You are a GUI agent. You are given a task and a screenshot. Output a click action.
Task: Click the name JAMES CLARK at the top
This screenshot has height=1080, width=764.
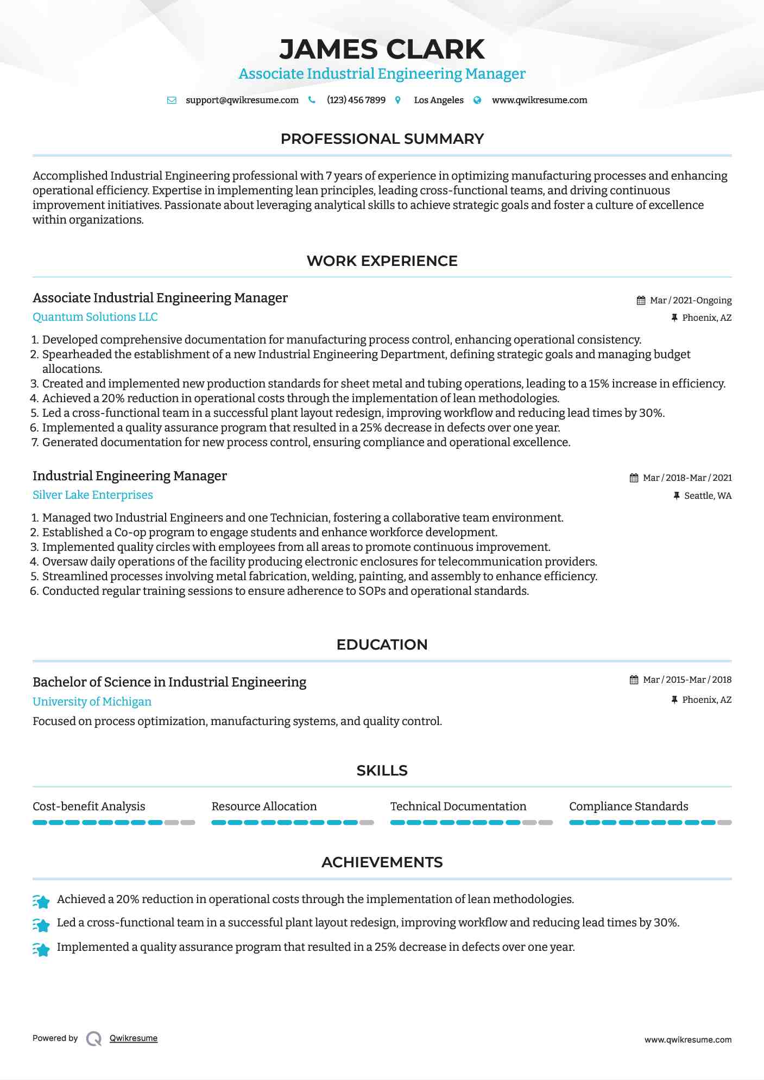[382, 49]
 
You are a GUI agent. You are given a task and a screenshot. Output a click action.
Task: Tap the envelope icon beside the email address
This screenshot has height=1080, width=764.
[172, 100]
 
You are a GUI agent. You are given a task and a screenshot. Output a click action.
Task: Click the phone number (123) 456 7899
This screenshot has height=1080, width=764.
[356, 100]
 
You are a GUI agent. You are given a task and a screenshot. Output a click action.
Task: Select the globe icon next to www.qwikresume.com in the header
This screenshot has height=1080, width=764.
[477, 100]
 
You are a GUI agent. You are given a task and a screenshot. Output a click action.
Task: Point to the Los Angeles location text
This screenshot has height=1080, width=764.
[438, 100]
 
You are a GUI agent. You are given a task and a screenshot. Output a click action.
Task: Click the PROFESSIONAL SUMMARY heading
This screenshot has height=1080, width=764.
[382, 139]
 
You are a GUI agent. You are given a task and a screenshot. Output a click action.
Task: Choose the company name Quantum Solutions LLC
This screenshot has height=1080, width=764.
[95, 317]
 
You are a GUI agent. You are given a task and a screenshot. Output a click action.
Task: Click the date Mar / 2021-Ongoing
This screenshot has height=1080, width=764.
[690, 301]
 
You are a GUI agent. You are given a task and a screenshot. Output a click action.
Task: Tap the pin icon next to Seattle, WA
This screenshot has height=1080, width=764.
[677, 495]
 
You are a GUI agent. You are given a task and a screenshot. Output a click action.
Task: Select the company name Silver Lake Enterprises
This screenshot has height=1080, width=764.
[93, 495]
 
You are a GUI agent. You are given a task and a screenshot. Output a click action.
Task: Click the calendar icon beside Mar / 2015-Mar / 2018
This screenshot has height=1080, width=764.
[634, 680]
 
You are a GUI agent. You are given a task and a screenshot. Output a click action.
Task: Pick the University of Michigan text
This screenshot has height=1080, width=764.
[92, 702]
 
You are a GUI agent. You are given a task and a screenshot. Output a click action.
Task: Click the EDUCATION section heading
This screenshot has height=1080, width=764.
[382, 645]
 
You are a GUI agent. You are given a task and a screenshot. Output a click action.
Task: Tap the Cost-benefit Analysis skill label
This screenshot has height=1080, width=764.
[89, 806]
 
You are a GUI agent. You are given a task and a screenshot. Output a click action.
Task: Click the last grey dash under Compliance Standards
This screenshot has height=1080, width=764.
[724, 823]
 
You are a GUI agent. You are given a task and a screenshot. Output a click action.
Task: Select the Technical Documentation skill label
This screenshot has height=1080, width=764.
[458, 806]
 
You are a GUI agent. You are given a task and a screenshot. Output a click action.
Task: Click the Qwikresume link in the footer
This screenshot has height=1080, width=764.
[134, 1038]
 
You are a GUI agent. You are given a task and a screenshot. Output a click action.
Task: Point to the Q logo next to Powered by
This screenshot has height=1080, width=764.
[94, 1039]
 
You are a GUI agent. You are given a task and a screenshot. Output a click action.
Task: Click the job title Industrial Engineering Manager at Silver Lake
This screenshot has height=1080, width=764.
[130, 476]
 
